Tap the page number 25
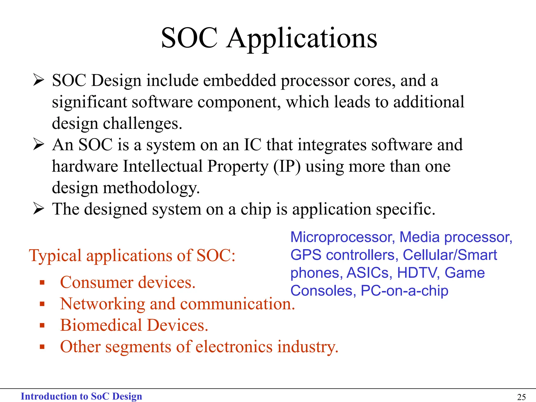[521, 397]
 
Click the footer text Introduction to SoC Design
[81, 396]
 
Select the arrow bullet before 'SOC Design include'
[38, 80]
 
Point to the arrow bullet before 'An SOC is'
[38, 144]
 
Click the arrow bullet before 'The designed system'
[38, 209]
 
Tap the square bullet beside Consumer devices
[42, 283]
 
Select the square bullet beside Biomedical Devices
[42, 326]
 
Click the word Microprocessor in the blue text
[342, 237]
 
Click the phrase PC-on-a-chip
[404, 291]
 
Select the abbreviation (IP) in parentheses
[287, 166]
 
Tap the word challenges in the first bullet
[142, 123]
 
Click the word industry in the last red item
[308, 347]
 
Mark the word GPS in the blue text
[306, 255]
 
